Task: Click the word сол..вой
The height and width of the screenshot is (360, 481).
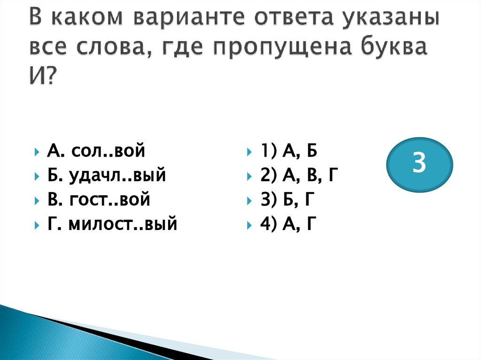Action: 108,152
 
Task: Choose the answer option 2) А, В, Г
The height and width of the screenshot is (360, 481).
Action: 298,176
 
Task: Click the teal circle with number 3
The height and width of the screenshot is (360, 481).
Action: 419,164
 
